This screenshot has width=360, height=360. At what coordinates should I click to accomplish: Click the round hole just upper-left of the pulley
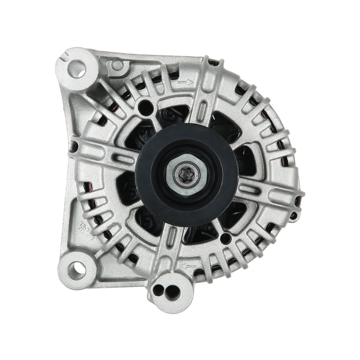point(144,107)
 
